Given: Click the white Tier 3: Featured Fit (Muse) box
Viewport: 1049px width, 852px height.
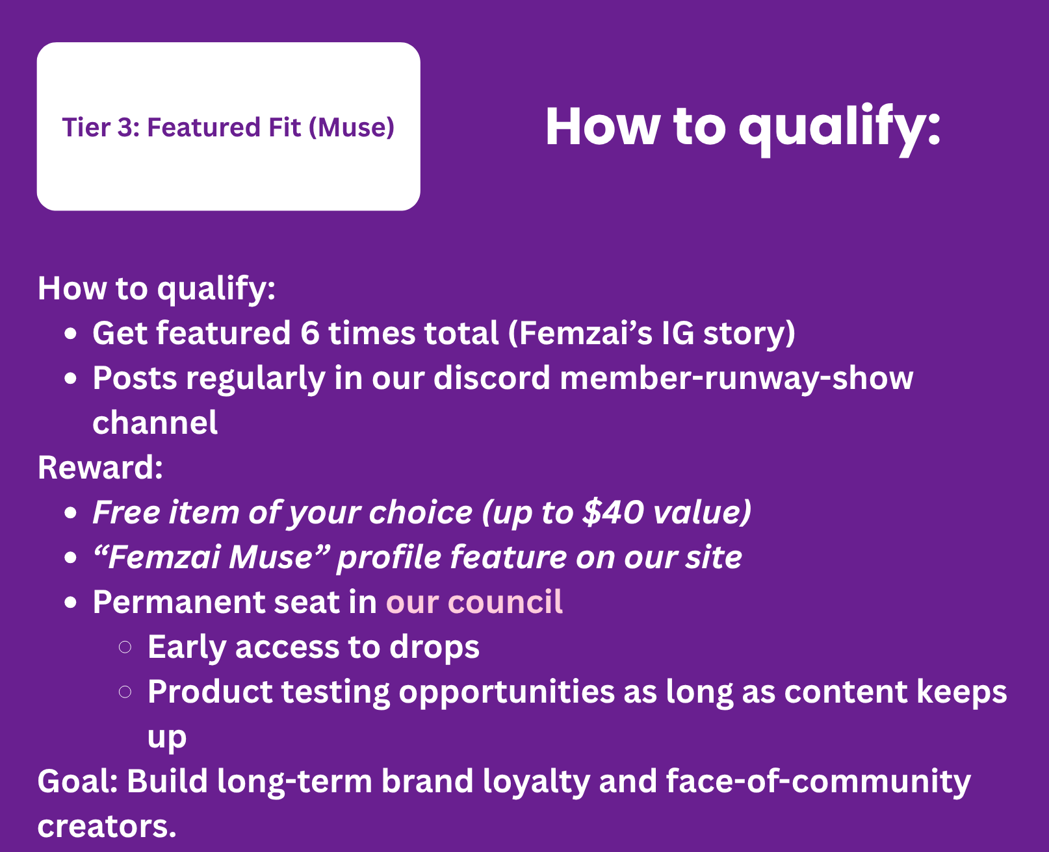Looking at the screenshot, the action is [229, 127].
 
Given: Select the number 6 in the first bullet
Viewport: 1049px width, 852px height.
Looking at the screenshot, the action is [310, 333].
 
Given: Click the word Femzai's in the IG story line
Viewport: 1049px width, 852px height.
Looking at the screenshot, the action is [580, 334].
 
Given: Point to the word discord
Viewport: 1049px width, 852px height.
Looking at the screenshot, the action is [491, 378].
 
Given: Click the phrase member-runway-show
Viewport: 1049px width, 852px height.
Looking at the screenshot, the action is [737, 378].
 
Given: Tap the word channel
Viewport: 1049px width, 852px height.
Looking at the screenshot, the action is [155, 423].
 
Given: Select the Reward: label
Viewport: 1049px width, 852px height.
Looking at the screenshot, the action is [101, 468].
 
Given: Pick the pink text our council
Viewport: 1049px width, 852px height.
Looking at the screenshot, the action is [474, 601].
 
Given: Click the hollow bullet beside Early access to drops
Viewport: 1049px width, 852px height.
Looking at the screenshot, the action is [125, 647].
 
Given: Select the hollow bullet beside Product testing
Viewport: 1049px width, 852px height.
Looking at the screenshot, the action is [125, 692].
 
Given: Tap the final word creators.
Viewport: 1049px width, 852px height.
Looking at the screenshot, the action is [107, 827].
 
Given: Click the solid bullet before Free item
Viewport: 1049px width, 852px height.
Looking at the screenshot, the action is [71, 512].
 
